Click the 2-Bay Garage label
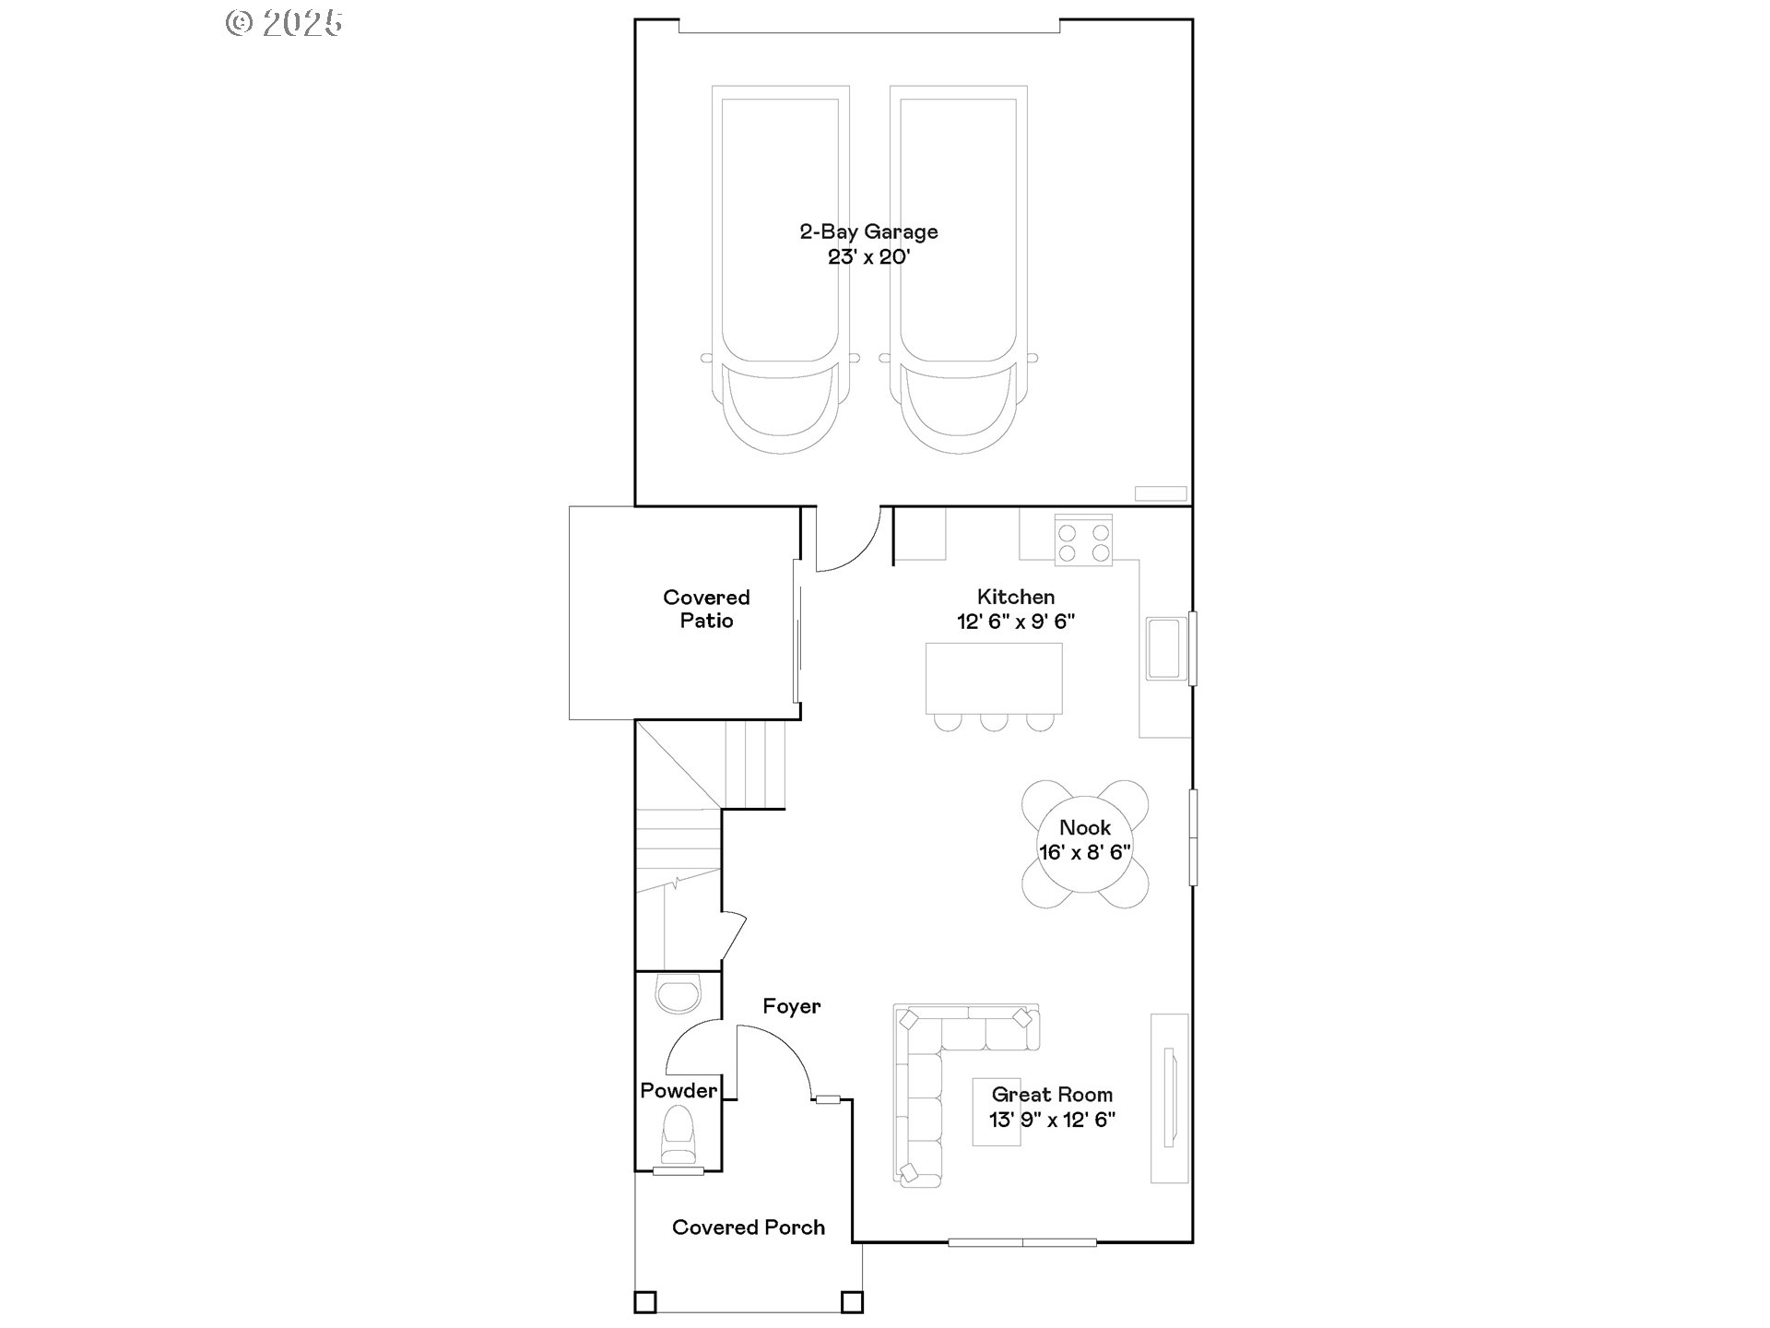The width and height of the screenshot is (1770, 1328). click(x=868, y=231)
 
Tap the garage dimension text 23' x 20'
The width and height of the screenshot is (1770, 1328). click(x=868, y=257)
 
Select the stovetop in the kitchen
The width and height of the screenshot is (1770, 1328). click(x=1083, y=542)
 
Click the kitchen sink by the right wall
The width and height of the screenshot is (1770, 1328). click(x=1164, y=648)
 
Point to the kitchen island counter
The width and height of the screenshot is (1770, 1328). click(x=994, y=678)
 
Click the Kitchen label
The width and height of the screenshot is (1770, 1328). click(x=1016, y=597)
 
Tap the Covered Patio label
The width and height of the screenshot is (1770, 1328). click(x=706, y=609)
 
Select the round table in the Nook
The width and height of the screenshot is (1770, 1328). click(x=1085, y=844)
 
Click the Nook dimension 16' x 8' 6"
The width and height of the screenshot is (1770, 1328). click(x=1085, y=852)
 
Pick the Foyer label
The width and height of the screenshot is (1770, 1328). click(x=791, y=1006)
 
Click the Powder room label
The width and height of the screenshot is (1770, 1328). click(x=678, y=1091)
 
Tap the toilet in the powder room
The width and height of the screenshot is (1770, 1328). click(x=678, y=1135)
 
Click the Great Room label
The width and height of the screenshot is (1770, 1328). click(x=1052, y=1095)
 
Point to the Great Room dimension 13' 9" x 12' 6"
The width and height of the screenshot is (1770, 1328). click(x=1052, y=1120)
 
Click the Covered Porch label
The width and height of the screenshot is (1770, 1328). click(x=749, y=1227)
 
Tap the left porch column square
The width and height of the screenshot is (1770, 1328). click(x=645, y=1302)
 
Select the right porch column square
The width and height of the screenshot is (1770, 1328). click(x=852, y=1302)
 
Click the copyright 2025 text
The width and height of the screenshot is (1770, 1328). click(x=284, y=23)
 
